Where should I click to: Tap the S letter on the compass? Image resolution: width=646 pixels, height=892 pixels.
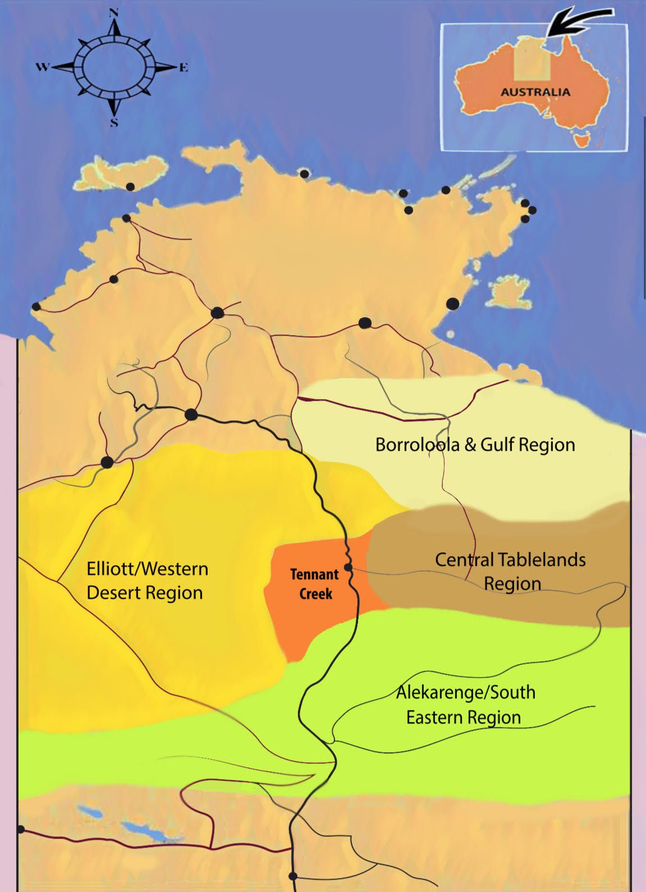point(114,123)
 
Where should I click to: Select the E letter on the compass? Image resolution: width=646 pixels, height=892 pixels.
point(184,68)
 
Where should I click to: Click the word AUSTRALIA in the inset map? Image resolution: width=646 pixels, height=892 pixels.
point(535,92)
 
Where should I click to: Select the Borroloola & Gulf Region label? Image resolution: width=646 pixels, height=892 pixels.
point(475,445)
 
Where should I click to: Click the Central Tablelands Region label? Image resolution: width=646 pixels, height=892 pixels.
point(511,571)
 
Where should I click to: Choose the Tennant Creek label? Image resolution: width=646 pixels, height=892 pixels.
point(314,584)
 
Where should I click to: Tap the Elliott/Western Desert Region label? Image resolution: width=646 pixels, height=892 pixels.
point(147,580)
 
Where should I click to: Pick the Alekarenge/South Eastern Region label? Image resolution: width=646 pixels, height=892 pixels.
point(465,705)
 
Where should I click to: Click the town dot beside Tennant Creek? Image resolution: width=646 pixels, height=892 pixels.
point(348,568)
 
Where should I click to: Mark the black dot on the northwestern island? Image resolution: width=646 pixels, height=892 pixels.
point(130,187)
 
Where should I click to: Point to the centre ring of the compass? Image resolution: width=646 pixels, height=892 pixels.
point(114,67)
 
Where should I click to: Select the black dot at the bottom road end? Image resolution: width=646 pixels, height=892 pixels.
point(292,876)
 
